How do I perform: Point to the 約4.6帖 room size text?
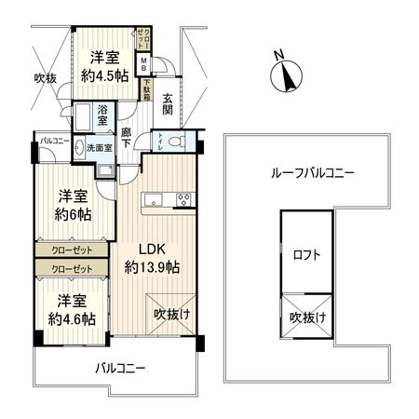click(73, 319)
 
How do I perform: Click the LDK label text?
click(153, 250)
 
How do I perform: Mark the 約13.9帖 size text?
click(153, 267)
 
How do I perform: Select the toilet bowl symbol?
click(179, 142)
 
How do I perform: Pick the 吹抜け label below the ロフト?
click(307, 318)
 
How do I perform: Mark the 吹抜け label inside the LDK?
click(172, 314)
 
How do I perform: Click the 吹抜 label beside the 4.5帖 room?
click(45, 78)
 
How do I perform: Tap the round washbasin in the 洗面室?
click(78, 147)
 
